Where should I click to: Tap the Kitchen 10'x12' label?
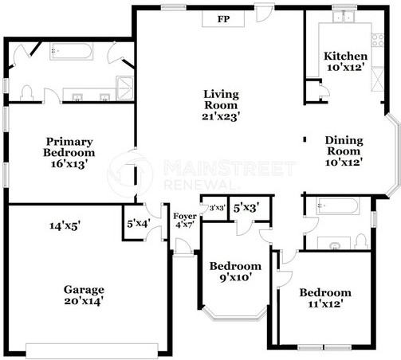pos(345,62)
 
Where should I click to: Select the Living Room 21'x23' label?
pos(222,105)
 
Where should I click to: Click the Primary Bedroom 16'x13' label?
pos(69,152)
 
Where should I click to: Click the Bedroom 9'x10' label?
pos(234,271)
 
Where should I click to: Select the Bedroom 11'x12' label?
pos(324,298)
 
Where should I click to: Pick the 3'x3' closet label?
pos(217,209)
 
